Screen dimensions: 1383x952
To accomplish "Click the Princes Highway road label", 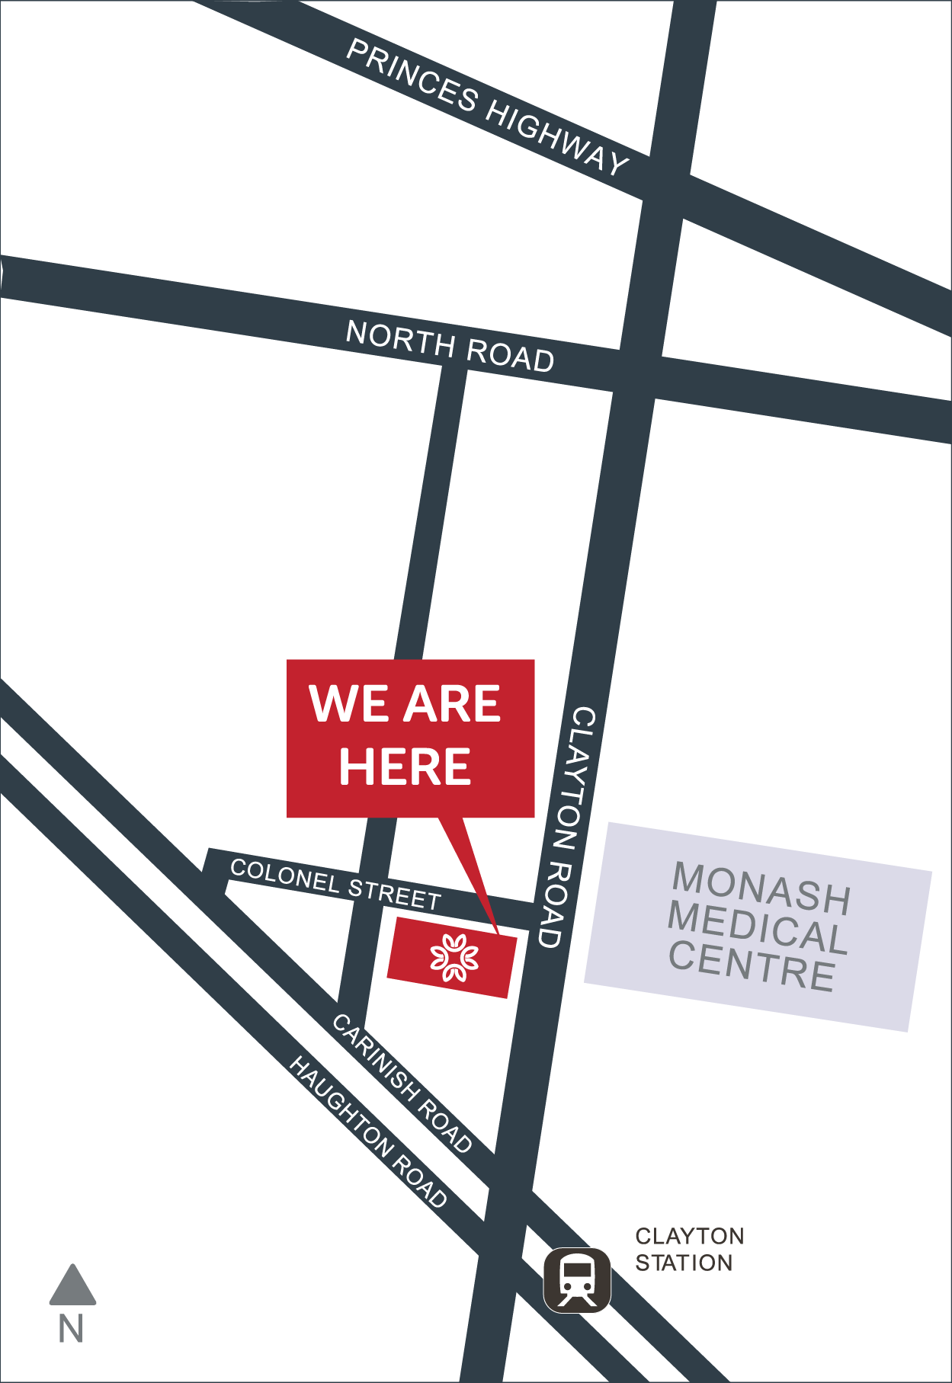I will [488, 106].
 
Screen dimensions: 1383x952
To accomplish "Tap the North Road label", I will [450, 346].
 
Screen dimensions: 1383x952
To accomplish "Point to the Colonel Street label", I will [335, 883].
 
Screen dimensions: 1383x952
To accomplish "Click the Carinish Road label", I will [402, 1082].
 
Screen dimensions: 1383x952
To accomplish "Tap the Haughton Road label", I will [367, 1132].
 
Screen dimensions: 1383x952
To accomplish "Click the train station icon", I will [577, 1279].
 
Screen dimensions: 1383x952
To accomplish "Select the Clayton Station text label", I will [689, 1249].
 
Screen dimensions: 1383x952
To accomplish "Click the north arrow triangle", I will [72, 1287].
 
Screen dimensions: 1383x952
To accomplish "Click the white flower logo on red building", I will [454, 956].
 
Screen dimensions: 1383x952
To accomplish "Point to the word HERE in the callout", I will [405, 766].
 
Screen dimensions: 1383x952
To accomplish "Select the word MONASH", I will [761, 888].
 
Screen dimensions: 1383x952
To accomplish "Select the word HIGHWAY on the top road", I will [556, 137].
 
